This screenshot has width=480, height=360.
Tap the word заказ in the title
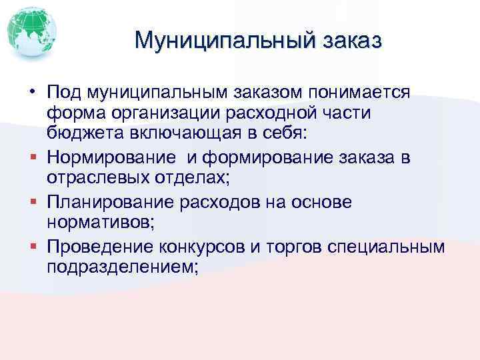353,41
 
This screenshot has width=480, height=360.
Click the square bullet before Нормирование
32,157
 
